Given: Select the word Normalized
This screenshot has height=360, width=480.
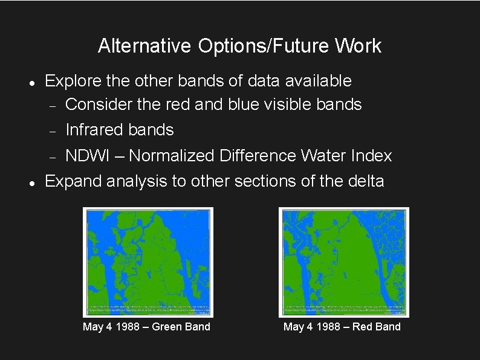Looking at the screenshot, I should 171,156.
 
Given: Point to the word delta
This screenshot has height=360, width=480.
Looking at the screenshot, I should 362,181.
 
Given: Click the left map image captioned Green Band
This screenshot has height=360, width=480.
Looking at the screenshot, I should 148,262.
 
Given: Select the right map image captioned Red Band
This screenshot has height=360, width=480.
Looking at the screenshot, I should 343,262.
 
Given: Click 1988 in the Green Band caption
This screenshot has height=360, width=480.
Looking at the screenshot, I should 125,327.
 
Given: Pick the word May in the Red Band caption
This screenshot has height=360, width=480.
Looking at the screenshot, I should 293,327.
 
